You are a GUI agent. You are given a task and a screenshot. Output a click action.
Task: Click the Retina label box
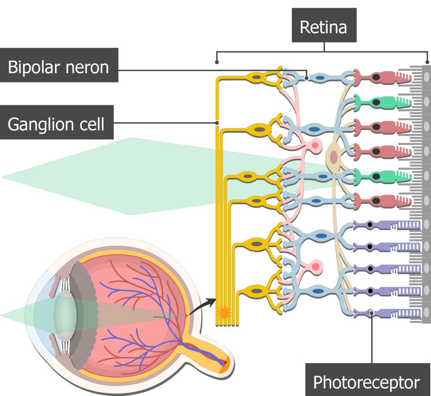[x=324, y=27]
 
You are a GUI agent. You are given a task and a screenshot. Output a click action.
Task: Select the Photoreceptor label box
[x=366, y=382]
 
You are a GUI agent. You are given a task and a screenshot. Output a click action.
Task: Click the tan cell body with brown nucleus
[x=333, y=157]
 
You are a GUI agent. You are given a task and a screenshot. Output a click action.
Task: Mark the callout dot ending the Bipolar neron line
[x=307, y=78]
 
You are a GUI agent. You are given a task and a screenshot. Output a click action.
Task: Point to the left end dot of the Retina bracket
[x=217, y=63]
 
